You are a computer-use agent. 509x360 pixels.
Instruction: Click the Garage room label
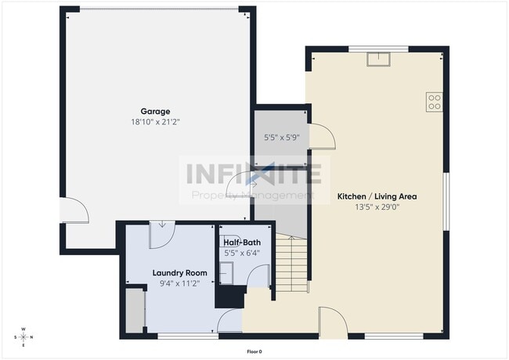(x=155, y=112)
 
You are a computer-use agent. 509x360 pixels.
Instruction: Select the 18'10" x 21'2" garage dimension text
(x=155, y=122)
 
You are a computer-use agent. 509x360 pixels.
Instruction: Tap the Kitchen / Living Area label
(x=377, y=196)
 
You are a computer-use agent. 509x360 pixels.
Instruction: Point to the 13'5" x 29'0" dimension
(x=377, y=207)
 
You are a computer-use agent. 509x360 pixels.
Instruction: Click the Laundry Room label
(x=179, y=273)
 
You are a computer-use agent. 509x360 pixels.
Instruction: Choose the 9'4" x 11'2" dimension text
(x=179, y=283)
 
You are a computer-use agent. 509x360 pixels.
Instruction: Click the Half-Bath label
(x=242, y=243)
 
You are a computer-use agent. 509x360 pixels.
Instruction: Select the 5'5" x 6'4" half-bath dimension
(x=242, y=253)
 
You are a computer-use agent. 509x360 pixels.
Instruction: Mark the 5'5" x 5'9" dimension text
(x=281, y=138)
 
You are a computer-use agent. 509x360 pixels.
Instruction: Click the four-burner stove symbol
(x=434, y=102)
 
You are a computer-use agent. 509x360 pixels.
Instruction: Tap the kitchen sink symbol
(x=378, y=59)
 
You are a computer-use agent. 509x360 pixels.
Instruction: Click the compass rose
(x=23, y=337)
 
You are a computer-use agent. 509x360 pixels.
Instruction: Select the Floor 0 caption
(x=254, y=351)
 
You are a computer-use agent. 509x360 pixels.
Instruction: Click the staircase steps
(x=291, y=264)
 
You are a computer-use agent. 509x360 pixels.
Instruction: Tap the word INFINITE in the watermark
(x=254, y=175)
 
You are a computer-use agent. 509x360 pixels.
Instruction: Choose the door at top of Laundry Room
(x=162, y=235)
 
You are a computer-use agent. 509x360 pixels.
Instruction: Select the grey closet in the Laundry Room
(x=135, y=311)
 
